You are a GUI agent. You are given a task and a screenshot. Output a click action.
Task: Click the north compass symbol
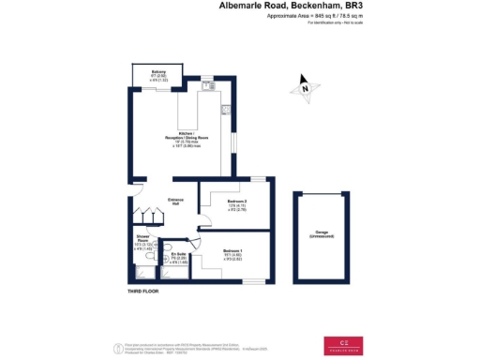pyautogui.click(x=305, y=88)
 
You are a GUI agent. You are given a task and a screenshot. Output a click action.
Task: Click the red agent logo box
pyautogui.click(x=345, y=344)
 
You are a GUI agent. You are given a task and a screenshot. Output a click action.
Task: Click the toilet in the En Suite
pyautogui.click(x=170, y=274)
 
